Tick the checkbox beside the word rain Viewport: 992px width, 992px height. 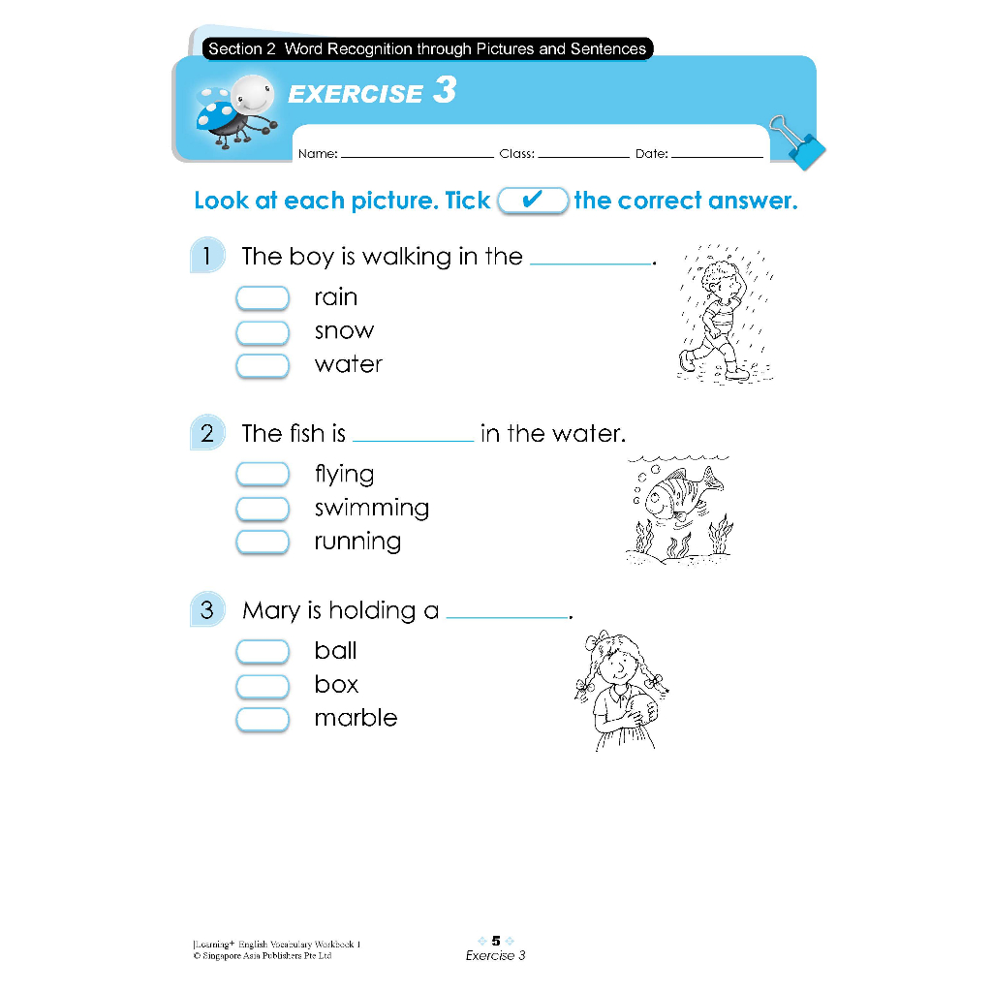263,297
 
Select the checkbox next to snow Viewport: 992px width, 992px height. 263,332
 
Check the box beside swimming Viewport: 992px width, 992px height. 263,509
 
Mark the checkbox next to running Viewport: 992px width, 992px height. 263,542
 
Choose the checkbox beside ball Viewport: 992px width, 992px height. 263,651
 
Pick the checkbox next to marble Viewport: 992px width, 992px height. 263,719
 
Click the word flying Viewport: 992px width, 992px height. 344,475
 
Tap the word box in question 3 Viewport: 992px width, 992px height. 336,685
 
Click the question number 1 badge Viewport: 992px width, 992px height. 206,257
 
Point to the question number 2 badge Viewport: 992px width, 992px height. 206,433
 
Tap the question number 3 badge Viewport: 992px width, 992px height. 206,610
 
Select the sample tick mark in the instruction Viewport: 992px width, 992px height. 532,201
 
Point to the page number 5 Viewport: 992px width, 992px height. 496,940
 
